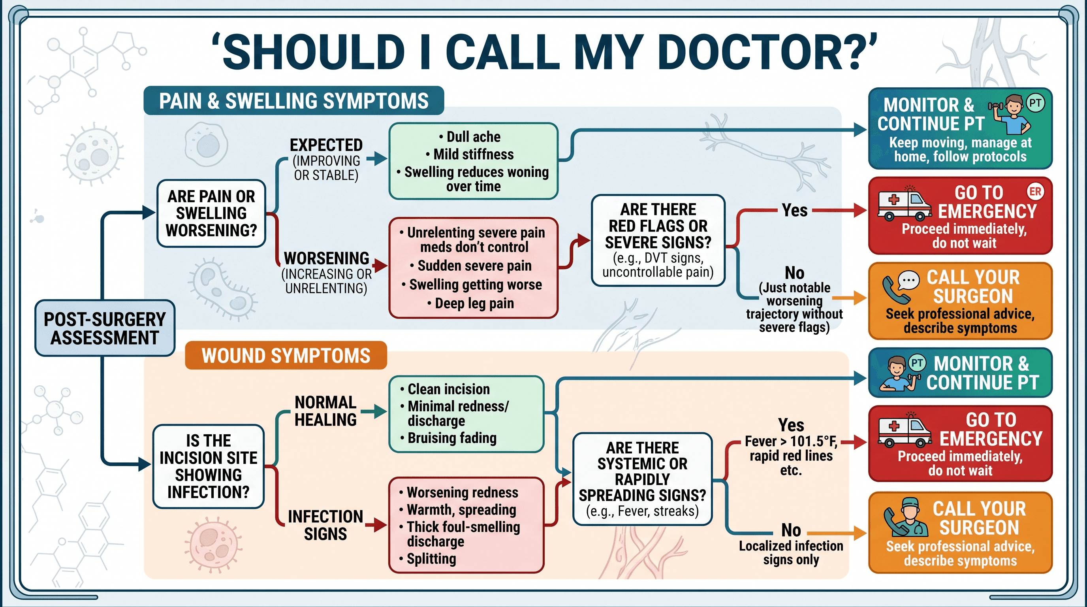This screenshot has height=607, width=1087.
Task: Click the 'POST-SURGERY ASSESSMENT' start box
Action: [x=105, y=328]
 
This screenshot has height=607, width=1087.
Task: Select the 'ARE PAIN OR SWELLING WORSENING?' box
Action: [x=211, y=213]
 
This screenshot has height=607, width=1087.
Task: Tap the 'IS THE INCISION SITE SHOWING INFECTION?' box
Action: [x=209, y=466]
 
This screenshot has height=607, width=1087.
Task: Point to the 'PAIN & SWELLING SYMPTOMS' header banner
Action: [x=294, y=101]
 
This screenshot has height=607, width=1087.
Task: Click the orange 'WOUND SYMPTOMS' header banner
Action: [x=286, y=355]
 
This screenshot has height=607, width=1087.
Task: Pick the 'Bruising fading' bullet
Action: [x=448, y=438]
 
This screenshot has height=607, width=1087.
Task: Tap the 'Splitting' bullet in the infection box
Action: [x=428, y=558]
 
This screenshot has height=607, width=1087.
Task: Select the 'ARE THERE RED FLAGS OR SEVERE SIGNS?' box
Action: [x=658, y=241]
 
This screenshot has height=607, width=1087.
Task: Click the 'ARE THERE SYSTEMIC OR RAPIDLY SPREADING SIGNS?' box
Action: [x=642, y=479]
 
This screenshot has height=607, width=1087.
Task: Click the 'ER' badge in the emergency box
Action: [x=1035, y=192]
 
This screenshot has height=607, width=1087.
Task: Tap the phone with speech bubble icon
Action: [x=900, y=287]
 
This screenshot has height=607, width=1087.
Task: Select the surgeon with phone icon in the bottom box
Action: [x=906, y=518]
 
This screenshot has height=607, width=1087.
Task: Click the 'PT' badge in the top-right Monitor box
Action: [x=1035, y=103]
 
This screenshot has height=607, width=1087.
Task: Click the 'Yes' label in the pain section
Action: [x=795, y=210]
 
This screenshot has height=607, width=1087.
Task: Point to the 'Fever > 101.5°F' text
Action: [x=791, y=441]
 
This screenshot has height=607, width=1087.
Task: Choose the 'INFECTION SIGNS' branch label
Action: [x=325, y=525]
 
